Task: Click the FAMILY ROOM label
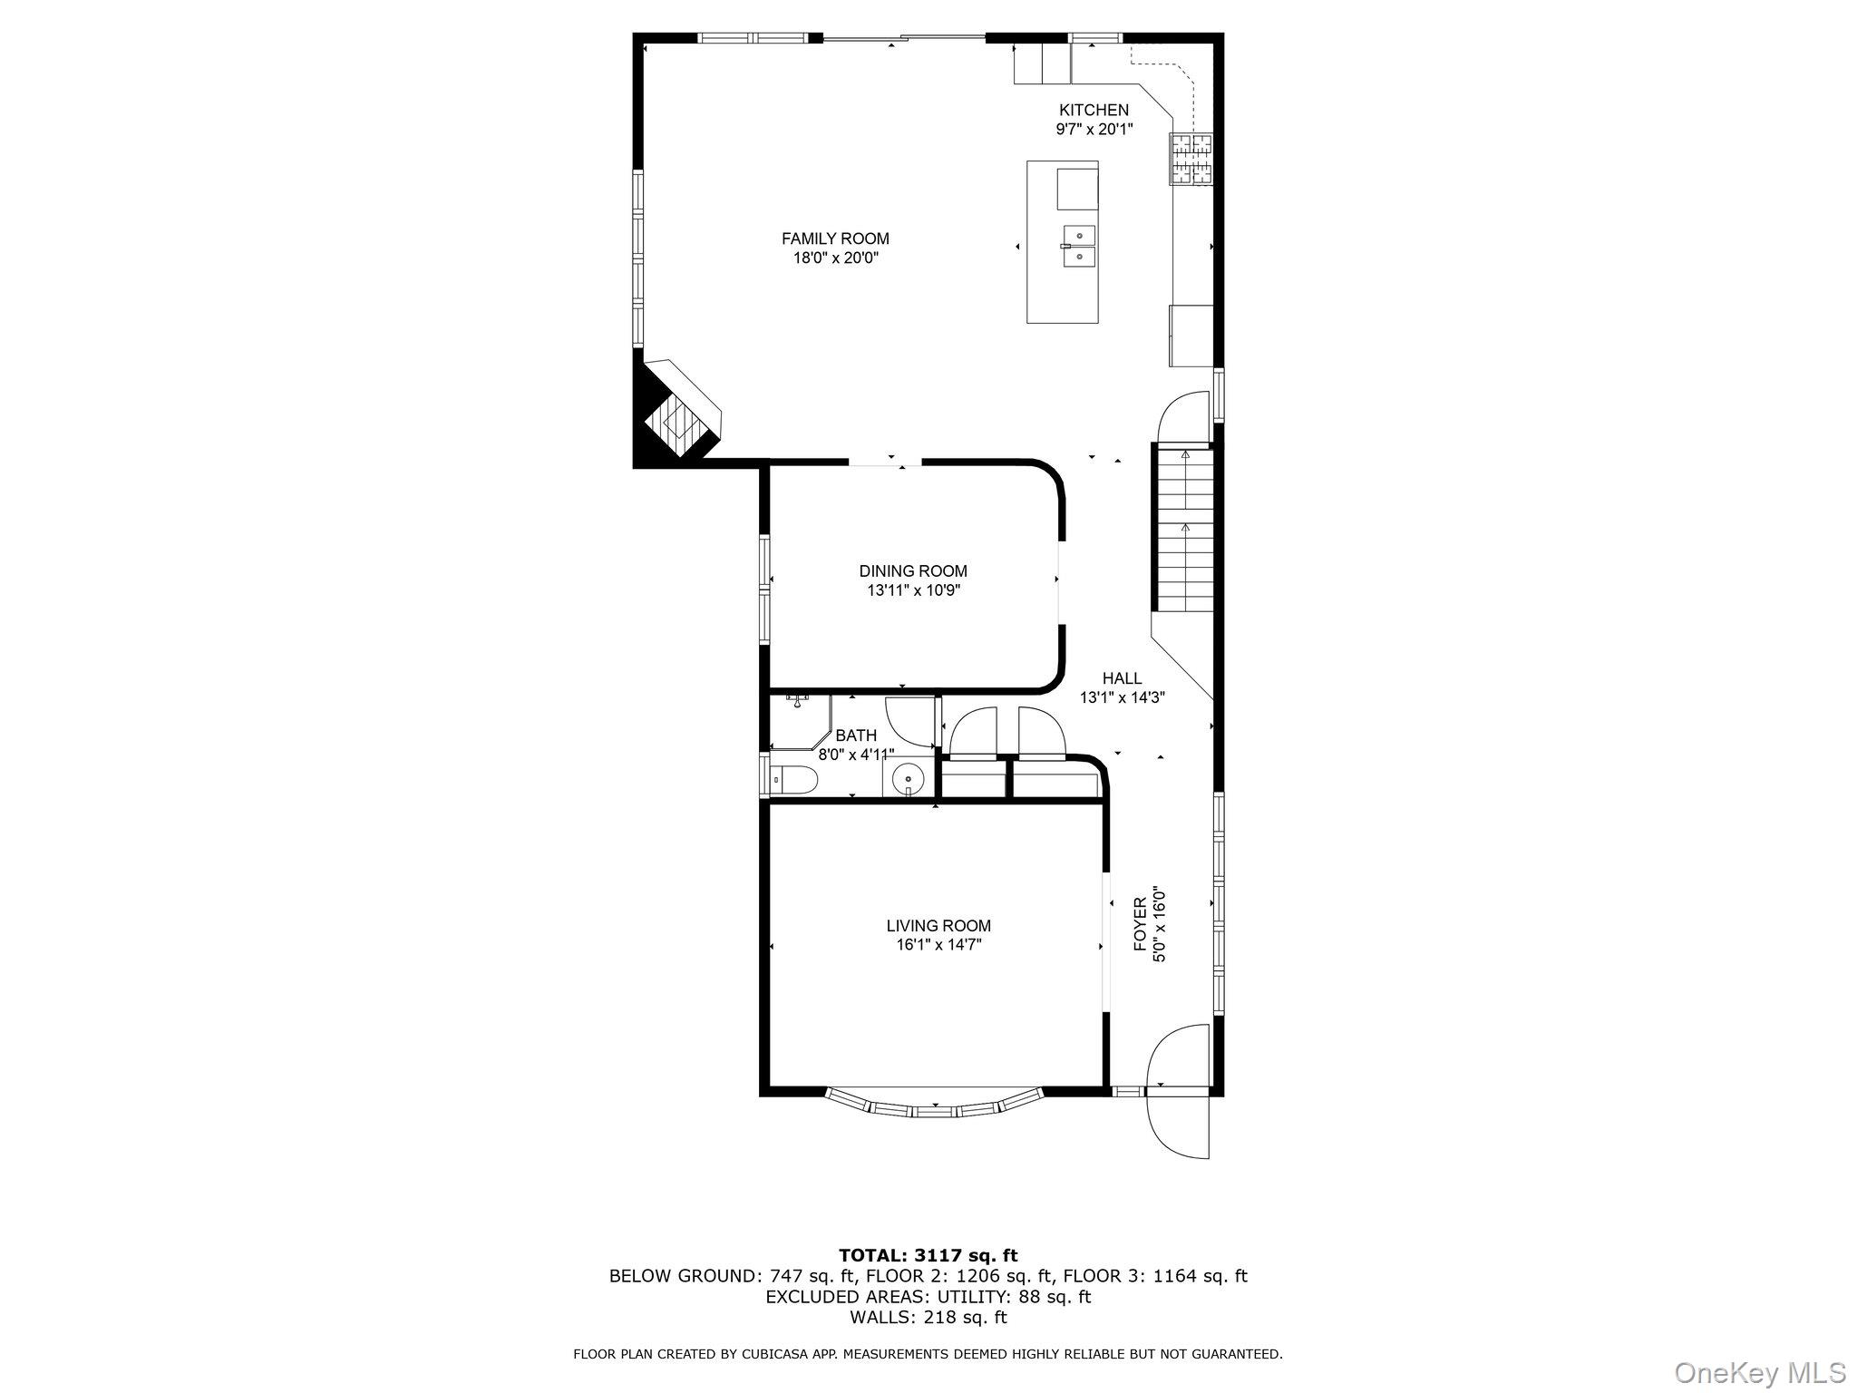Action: [835, 239]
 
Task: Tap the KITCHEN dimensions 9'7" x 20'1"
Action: [1094, 130]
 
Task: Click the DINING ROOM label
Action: [913, 571]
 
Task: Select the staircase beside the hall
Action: [1184, 530]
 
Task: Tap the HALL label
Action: [1122, 678]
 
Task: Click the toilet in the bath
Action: [795, 779]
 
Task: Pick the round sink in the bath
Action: [907, 779]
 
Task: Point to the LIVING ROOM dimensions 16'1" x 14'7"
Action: [938, 945]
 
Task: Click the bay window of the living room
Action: [936, 1107]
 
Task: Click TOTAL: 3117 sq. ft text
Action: [928, 1256]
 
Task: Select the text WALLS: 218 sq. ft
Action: [928, 1317]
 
